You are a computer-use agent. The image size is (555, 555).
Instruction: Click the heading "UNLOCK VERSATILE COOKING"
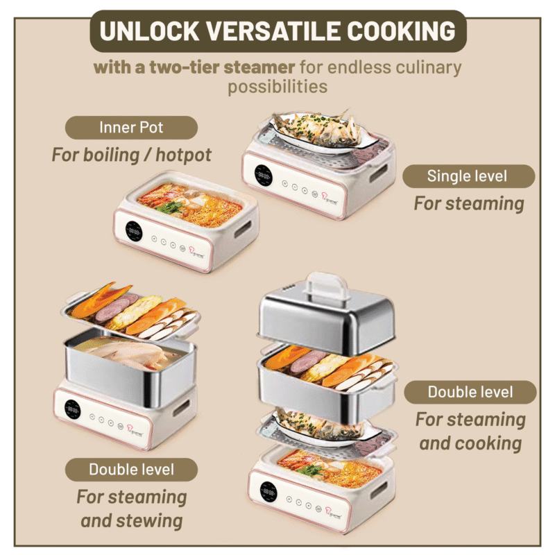point(277,31)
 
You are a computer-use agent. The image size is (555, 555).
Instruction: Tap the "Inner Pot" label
point(131,128)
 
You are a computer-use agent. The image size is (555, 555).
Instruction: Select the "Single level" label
point(468,176)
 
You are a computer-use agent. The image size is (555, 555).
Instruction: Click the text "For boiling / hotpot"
point(131,154)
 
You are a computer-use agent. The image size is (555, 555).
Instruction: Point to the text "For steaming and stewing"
point(132,509)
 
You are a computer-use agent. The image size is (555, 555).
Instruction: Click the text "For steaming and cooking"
point(470,431)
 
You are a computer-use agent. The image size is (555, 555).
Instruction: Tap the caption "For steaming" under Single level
point(468,203)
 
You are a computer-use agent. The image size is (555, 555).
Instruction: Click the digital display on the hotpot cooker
point(134,230)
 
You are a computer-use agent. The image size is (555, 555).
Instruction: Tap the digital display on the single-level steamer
point(263,175)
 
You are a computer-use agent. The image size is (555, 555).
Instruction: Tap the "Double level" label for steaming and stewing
point(131,470)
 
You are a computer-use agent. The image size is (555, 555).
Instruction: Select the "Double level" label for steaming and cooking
point(470,392)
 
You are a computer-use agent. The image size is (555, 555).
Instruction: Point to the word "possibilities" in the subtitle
point(277,87)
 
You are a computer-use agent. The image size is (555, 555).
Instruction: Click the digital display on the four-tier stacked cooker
point(268,490)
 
